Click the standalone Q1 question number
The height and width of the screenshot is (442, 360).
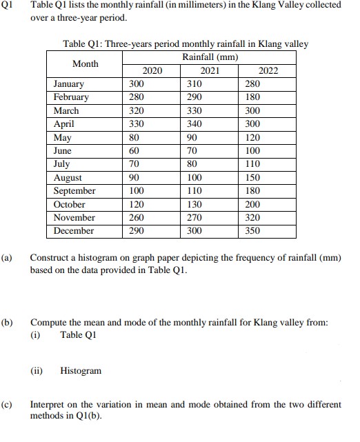click(x=8, y=6)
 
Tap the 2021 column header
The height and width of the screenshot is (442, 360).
click(x=208, y=70)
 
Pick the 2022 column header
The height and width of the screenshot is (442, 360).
click(x=268, y=70)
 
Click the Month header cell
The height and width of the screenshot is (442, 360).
click(x=85, y=63)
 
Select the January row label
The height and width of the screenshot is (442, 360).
click(x=69, y=83)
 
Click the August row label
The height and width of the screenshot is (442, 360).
click(x=67, y=177)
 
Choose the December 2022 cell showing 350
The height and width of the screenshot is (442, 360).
click(x=252, y=231)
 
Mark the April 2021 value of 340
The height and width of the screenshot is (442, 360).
click(x=195, y=123)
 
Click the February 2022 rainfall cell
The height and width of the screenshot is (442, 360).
click(x=252, y=97)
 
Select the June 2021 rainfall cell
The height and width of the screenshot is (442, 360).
click(x=193, y=150)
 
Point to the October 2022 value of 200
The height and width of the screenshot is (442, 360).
click(x=252, y=204)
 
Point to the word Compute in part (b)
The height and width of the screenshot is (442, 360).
click(x=48, y=322)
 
